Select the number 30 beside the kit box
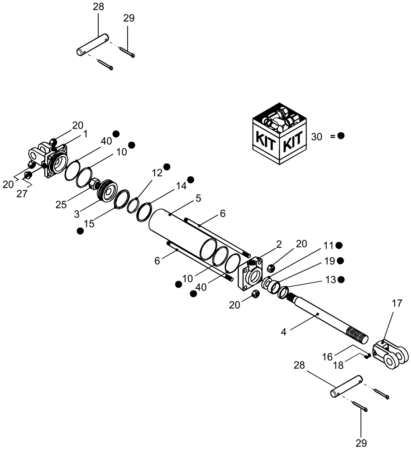pyautogui.click(x=317, y=136)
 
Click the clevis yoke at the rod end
pyautogui.click(x=390, y=354)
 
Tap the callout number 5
pyautogui.click(x=198, y=198)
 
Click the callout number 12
pyautogui.click(x=157, y=173)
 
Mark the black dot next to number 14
pyautogui.click(x=191, y=179)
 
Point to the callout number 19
pyautogui.click(x=328, y=262)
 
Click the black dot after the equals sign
pyautogui.click(x=340, y=136)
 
